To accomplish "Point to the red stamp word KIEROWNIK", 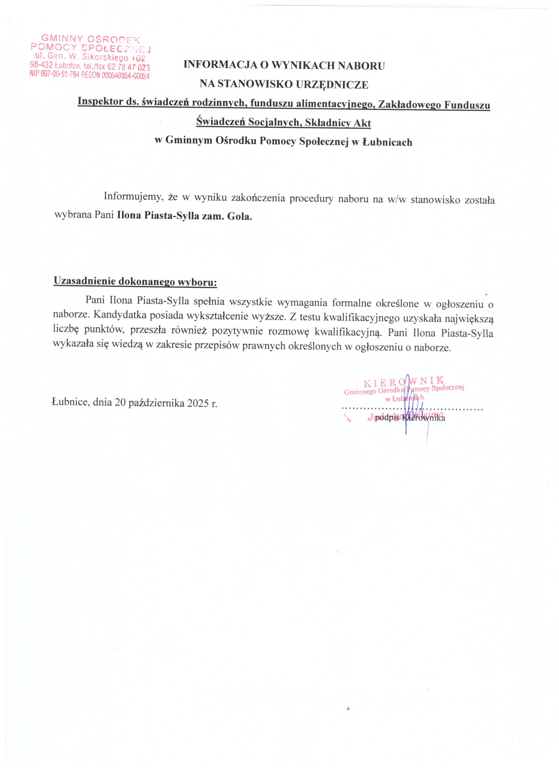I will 403,382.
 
